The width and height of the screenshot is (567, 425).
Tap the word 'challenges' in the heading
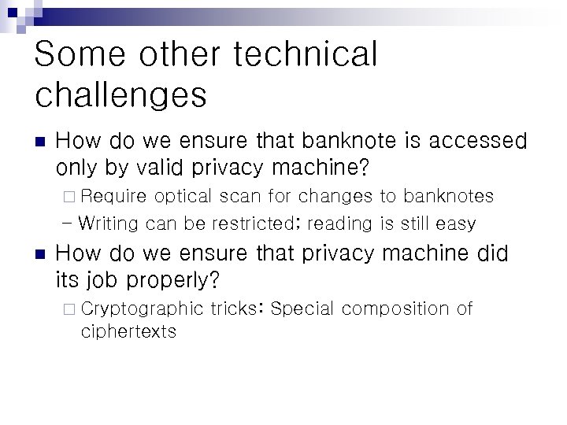click(120, 95)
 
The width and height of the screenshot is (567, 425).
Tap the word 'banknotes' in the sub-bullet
click(448, 196)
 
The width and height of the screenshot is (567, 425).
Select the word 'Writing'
click(109, 224)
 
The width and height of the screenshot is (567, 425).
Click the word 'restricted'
click(252, 224)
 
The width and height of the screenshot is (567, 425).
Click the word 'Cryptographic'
click(142, 309)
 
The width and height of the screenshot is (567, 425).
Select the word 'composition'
click(397, 309)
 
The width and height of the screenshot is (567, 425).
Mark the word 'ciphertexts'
click(128, 331)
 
